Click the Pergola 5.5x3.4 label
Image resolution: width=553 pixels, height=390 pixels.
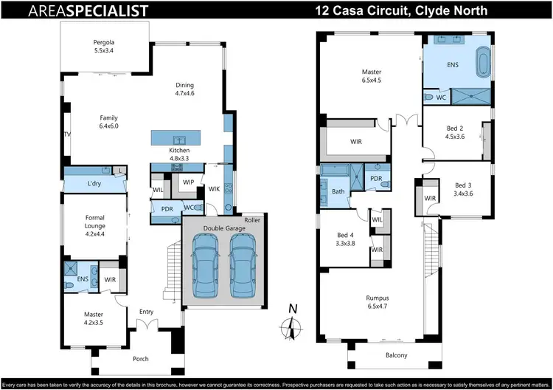104,47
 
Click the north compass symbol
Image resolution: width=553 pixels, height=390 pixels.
293,324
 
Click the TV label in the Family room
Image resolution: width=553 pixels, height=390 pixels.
66,134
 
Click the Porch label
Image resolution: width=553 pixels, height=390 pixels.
139,359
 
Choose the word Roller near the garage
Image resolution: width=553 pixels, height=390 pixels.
254,219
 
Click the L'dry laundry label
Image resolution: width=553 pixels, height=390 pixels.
94,182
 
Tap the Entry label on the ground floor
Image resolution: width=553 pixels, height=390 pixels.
146,311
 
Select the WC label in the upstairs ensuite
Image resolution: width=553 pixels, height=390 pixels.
442,97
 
